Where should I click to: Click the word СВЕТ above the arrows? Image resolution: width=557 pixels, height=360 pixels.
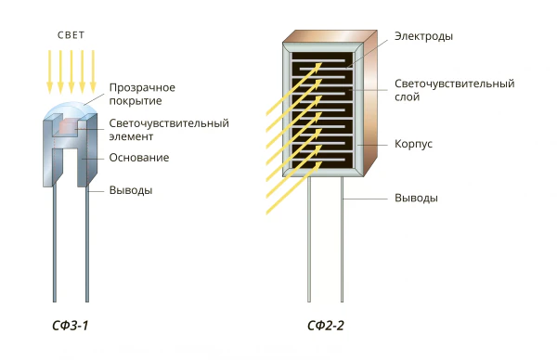click(x=71, y=35)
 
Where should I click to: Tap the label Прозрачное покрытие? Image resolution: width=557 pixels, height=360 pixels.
click(x=142, y=94)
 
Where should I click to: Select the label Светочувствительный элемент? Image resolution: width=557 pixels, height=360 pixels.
click(x=169, y=130)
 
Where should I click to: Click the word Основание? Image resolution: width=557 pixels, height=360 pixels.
click(x=139, y=158)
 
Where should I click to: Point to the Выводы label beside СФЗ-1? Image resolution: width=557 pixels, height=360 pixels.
click(x=131, y=190)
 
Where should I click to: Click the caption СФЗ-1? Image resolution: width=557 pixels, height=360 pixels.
click(x=70, y=326)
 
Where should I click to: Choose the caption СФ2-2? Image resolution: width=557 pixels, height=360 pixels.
click(x=326, y=326)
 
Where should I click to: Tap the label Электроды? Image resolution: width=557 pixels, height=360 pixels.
click(x=423, y=36)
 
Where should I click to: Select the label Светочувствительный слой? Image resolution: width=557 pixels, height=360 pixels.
click(x=454, y=90)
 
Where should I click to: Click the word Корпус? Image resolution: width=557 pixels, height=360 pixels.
click(x=413, y=144)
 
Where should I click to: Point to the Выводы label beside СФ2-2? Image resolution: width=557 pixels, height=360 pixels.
click(x=416, y=198)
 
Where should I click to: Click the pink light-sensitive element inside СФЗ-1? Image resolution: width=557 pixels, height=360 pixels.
click(x=68, y=127)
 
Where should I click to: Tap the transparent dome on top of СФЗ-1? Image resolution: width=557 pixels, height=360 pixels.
click(x=70, y=109)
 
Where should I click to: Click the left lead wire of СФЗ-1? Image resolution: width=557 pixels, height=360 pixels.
click(x=55, y=243)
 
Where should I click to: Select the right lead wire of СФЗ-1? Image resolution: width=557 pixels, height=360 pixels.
click(x=87, y=245)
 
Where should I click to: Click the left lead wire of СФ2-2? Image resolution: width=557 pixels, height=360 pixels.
click(x=309, y=239)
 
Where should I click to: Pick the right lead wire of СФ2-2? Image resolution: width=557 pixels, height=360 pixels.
click(x=342, y=239)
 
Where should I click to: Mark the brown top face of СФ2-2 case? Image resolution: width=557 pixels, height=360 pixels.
click(x=330, y=36)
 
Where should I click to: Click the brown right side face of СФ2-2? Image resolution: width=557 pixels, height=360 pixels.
click(x=370, y=103)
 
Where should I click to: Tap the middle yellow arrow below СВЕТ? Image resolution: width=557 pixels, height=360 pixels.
click(x=71, y=71)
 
